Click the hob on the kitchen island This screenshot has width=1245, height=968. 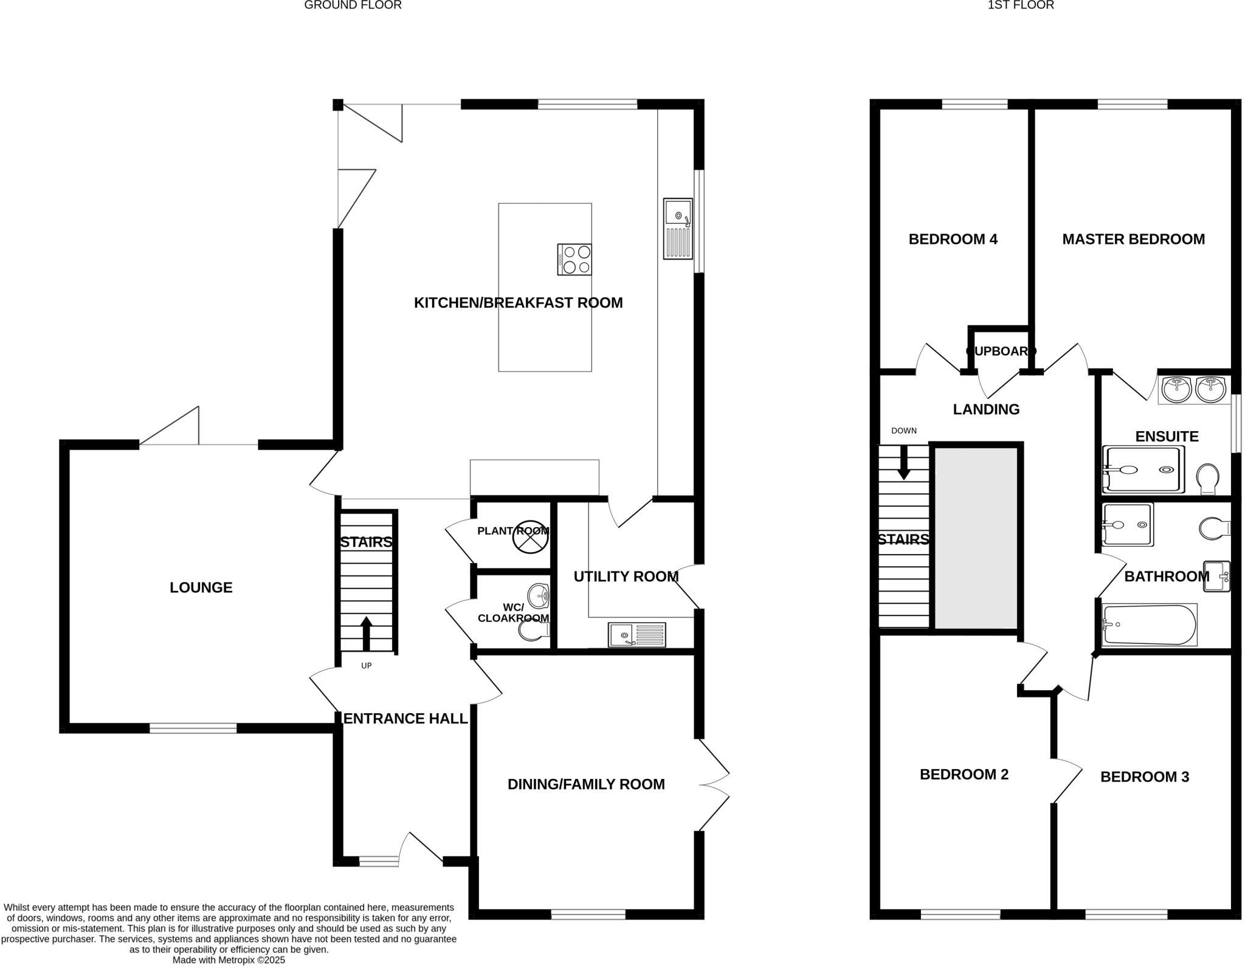574,260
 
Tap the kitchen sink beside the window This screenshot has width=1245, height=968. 678,229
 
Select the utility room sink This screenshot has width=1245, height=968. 636,635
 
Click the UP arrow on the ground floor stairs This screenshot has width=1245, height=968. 366,634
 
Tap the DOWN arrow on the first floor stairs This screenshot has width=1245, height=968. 904,462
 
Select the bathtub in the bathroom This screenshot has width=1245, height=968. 1149,624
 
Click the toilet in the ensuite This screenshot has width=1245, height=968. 1207,479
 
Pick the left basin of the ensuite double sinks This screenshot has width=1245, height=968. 1177,390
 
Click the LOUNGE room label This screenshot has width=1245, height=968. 201,587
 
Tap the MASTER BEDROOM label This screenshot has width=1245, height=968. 1133,239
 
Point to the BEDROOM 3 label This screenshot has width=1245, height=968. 1144,776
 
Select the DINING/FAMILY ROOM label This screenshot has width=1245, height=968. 586,784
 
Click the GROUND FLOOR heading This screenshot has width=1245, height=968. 353,5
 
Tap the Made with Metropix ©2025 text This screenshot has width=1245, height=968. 229,961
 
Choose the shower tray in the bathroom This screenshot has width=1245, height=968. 1127,525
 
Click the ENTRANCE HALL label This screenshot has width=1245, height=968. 405,719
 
